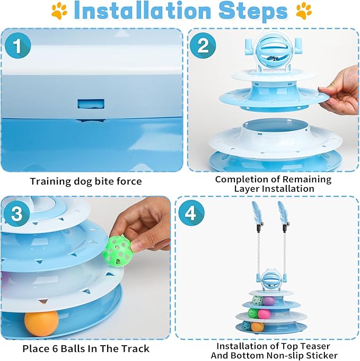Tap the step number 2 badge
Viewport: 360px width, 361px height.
point(202,46)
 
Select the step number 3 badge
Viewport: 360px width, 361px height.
point(17,214)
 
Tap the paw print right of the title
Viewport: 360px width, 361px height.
point(304,11)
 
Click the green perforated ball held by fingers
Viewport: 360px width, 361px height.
point(117,249)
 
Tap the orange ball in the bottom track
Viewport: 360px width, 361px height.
point(41,323)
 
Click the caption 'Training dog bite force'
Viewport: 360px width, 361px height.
point(85,181)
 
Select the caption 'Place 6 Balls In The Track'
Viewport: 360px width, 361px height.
point(85,348)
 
